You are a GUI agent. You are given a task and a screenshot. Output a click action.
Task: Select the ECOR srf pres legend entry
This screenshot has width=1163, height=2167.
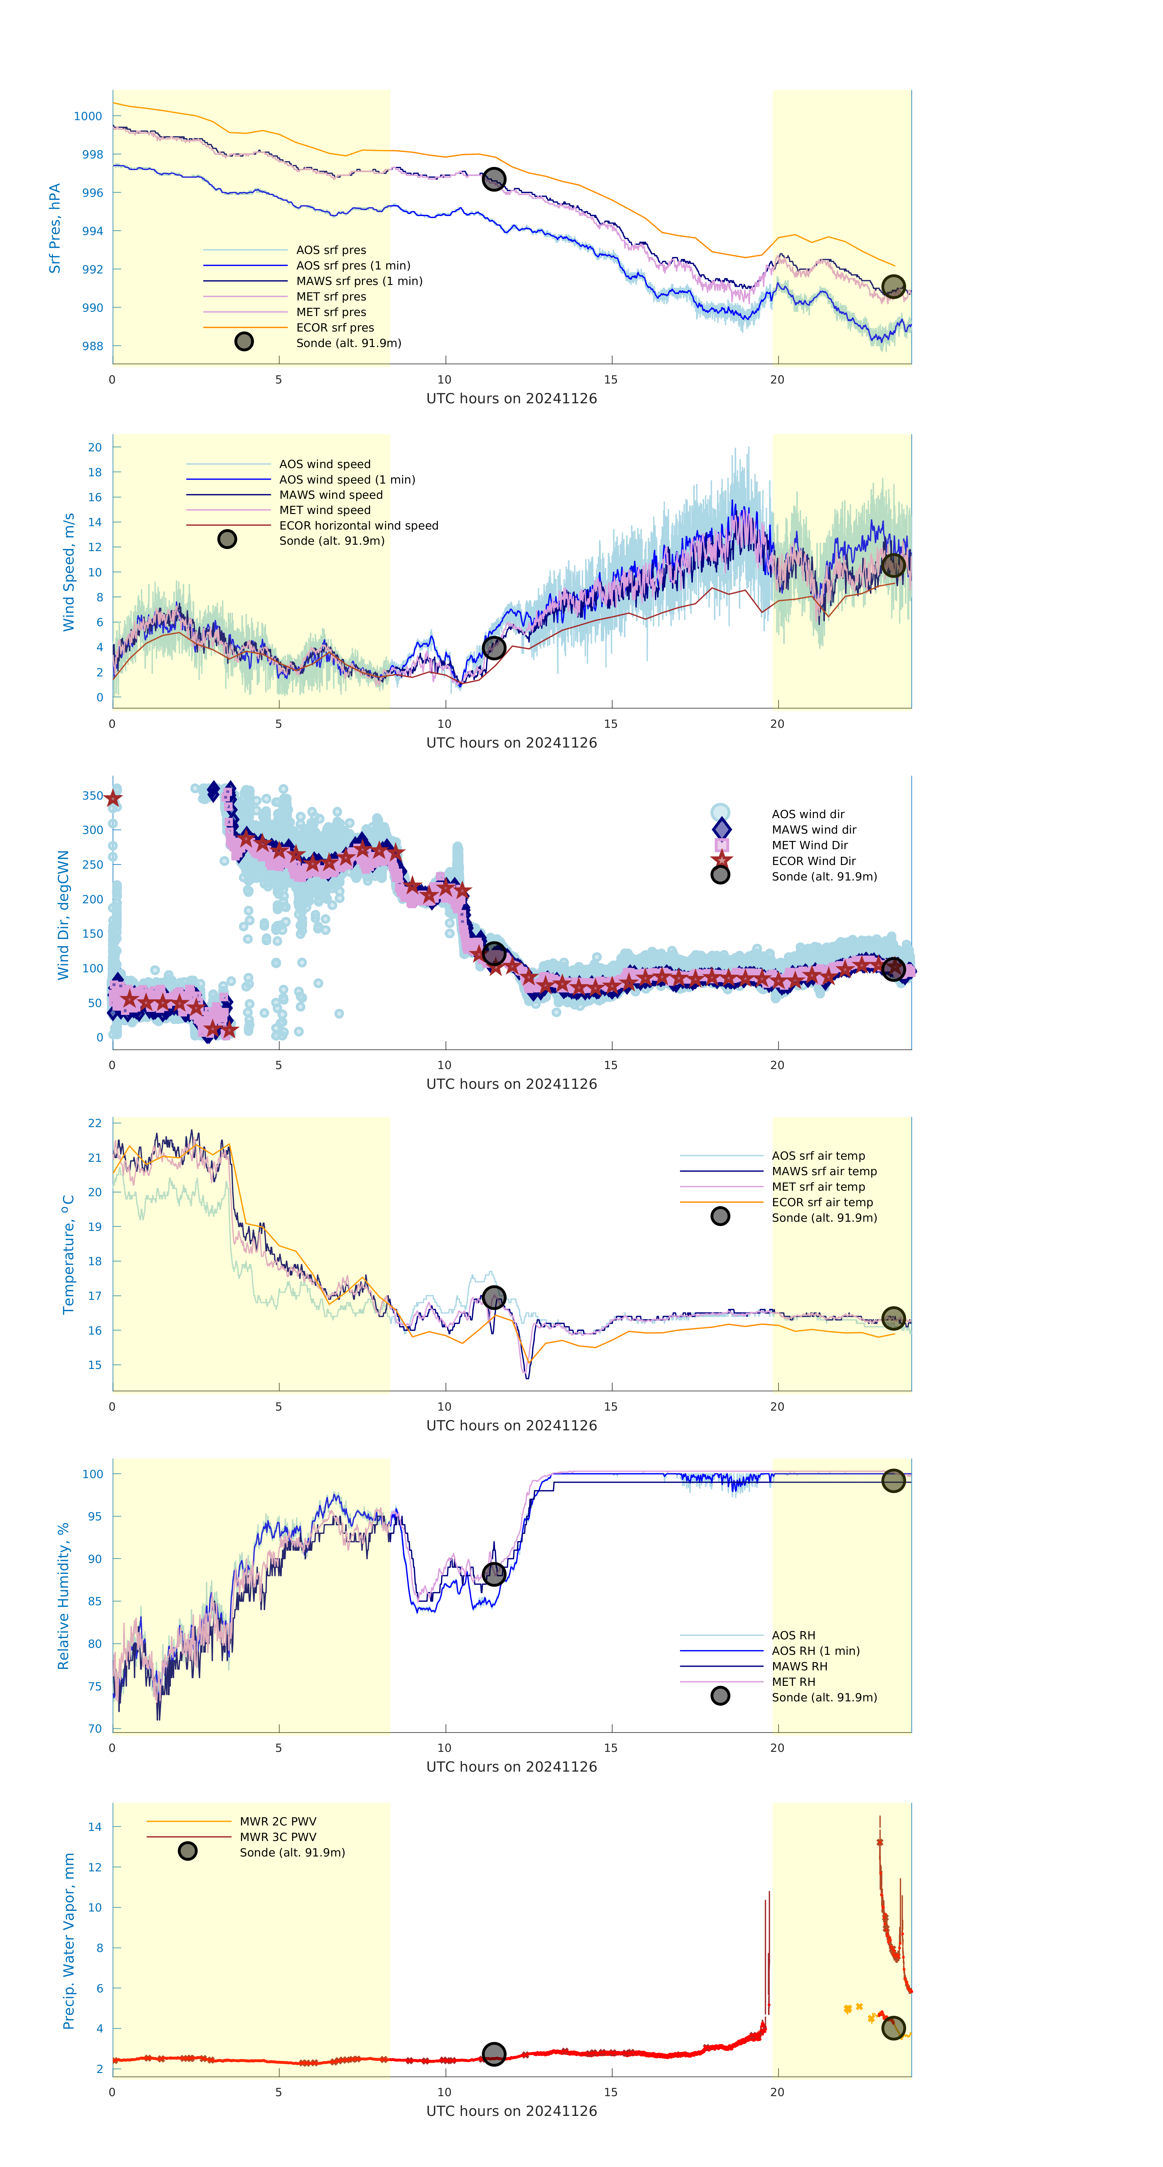(335, 327)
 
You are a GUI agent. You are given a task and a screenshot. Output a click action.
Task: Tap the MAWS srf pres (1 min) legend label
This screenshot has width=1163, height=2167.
(359, 281)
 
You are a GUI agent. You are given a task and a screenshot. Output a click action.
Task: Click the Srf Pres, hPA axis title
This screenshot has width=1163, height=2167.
(55, 228)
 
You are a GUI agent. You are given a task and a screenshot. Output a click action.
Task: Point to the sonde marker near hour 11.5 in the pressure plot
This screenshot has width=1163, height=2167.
(493, 179)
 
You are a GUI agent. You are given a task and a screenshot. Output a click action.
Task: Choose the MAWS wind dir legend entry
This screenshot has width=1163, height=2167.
(813, 829)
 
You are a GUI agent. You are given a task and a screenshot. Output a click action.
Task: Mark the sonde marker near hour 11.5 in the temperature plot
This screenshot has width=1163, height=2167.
(493, 1297)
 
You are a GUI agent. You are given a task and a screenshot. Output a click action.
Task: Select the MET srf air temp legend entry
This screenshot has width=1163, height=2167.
(817, 1186)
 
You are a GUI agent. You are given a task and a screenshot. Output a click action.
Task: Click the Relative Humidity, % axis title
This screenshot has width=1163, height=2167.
(63, 1596)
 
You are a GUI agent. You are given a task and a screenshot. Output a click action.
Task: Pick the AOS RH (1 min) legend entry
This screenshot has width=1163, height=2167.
(815, 1651)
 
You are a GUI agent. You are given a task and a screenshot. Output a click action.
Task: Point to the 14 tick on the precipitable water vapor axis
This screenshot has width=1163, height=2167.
(95, 1826)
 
